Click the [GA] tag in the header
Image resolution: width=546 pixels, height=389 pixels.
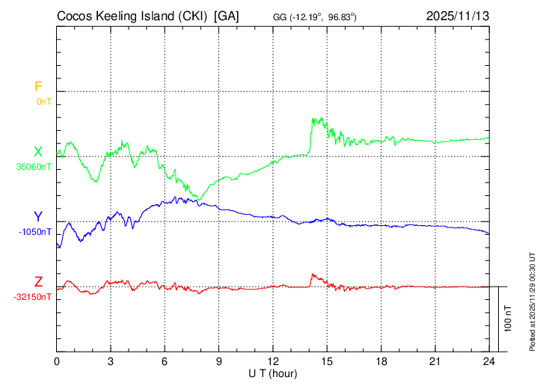click(x=227, y=16)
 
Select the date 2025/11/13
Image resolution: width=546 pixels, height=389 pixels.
click(x=458, y=16)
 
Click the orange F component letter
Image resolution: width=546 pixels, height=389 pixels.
click(x=38, y=87)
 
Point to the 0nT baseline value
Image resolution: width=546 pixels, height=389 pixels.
click(x=43, y=101)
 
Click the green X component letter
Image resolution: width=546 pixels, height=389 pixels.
click(x=38, y=152)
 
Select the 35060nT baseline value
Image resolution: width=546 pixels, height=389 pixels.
click(x=34, y=167)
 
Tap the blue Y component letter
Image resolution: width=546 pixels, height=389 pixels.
click(x=38, y=217)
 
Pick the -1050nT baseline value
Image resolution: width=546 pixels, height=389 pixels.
click(x=36, y=232)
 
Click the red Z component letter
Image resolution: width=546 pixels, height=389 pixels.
click(x=38, y=282)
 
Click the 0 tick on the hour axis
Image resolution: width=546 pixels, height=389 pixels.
click(x=57, y=360)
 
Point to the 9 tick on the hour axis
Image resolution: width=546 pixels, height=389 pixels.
click(x=219, y=360)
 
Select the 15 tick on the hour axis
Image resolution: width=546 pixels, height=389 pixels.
click(x=327, y=360)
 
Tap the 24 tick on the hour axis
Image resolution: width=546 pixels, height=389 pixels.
click(x=489, y=360)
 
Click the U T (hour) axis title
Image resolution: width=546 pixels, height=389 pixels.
click(x=273, y=373)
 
